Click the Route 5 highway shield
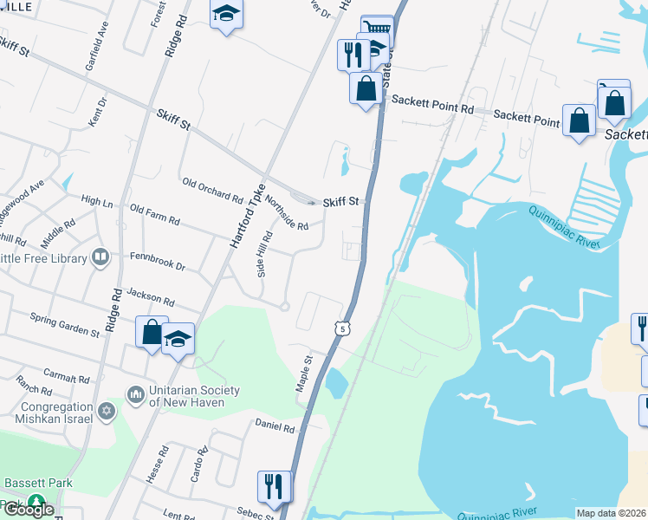tap(344, 328)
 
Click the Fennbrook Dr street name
tap(157, 261)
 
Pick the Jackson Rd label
tap(150, 298)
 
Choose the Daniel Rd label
tap(275, 426)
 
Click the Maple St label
tap(304, 373)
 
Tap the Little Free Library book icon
tap(100, 257)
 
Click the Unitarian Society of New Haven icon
tap(135, 395)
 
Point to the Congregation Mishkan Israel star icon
tap(106, 409)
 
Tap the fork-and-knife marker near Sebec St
tap(275, 486)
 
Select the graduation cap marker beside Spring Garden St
tap(178, 339)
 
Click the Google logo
tap(28, 509)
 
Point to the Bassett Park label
tap(36, 483)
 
